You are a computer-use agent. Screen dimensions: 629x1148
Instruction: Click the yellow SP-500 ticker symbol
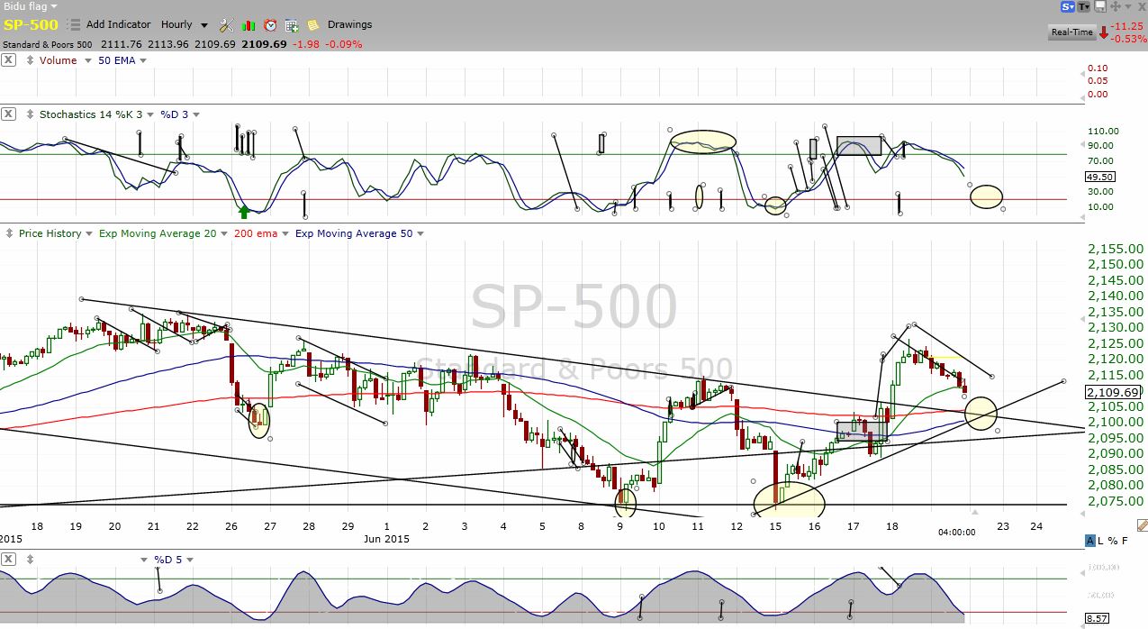(31, 25)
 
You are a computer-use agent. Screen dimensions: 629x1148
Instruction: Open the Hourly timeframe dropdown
(184, 25)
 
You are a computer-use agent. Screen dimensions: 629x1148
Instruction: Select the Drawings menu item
(349, 24)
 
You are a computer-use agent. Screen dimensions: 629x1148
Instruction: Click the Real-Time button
(1071, 32)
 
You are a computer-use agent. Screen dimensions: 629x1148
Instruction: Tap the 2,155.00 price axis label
(1116, 249)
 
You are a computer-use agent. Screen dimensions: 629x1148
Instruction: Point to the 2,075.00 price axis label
(1116, 501)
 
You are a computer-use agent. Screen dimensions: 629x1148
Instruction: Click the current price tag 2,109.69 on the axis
(1114, 392)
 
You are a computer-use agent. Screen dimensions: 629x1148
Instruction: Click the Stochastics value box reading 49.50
(1101, 178)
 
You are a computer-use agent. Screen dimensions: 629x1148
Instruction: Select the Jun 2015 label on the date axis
(384, 539)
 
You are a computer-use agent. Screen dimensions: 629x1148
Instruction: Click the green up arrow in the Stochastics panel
(244, 212)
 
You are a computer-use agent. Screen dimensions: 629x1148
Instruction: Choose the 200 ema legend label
(256, 233)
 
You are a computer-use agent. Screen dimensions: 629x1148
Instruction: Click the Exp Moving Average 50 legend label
(354, 233)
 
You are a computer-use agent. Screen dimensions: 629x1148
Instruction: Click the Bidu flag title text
(25, 6)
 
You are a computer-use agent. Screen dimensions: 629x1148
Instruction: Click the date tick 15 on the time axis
(775, 526)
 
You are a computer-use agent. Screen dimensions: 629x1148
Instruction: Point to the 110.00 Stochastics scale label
(1103, 131)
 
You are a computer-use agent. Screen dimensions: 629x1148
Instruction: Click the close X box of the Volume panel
(8, 60)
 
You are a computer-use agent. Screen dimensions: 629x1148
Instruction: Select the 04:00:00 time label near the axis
(956, 533)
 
